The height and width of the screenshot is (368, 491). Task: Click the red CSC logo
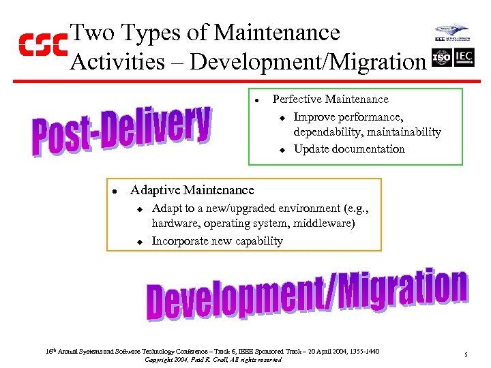(43, 45)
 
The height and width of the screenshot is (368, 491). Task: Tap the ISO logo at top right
(442, 57)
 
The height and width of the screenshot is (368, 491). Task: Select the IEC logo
(464, 57)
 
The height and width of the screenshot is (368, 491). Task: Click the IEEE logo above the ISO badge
(451, 34)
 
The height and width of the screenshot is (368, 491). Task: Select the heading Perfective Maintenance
(330, 99)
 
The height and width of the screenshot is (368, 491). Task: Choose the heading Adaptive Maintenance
(192, 190)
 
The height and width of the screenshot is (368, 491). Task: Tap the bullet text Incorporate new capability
(217, 241)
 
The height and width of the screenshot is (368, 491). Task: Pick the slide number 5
(465, 355)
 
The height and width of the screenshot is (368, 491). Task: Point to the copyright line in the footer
(213, 359)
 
